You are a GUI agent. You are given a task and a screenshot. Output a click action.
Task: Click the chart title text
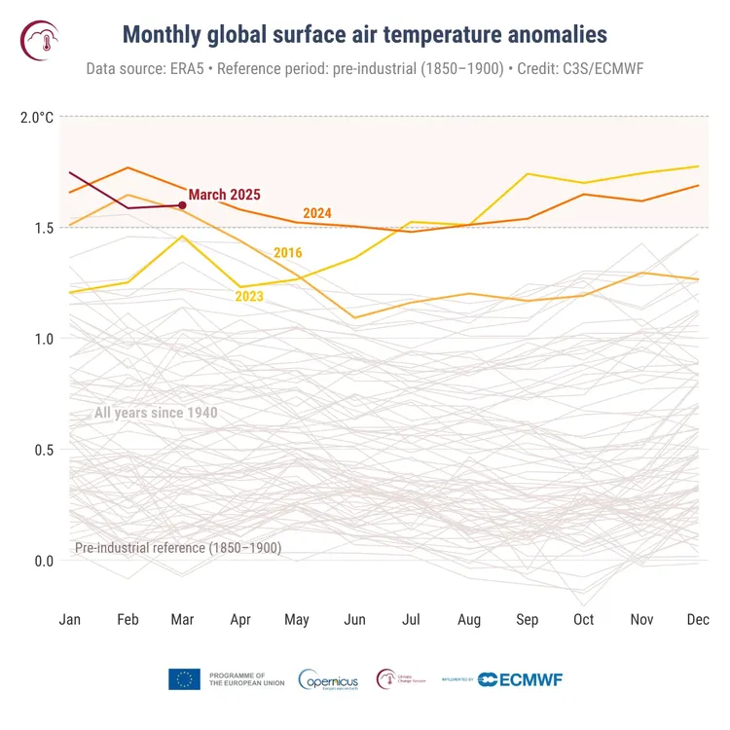click(x=364, y=35)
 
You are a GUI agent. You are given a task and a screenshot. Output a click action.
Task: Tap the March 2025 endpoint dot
click(x=182, y=205)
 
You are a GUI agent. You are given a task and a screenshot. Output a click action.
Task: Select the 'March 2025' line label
click(x=225, y=195)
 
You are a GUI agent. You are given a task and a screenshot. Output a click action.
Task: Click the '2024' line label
click(x=317, y=213)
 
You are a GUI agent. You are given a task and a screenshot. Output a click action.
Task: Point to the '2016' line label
click(x=287, y=253)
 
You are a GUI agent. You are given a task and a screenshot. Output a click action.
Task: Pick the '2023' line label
click(x=250, y=296)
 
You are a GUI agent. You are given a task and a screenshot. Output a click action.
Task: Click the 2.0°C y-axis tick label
click(x=37, y=118)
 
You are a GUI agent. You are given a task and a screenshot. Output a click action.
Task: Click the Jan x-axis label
click(x=70, y=620)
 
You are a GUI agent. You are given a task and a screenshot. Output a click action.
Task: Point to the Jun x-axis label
click(x=355, y=620)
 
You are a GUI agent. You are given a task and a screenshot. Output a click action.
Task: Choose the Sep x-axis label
click(x=528, y=620)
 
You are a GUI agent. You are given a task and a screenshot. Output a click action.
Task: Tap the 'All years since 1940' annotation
click(x=156, y=414)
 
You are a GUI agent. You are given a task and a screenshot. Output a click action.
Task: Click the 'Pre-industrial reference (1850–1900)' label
click(x=178, y=548)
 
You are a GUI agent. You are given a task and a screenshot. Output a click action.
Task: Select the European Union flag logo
click(x=184, y=678)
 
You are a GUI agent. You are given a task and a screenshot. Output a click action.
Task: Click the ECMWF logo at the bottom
click(x=520, y=678)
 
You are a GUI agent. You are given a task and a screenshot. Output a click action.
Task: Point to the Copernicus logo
click(x=328, y=678)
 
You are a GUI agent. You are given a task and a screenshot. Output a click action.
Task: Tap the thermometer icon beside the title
click(x=40, y=39)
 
